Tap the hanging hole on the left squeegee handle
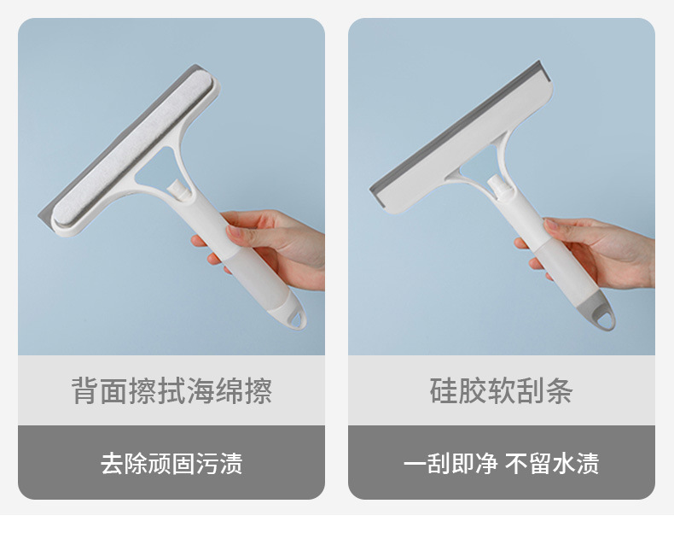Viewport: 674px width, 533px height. tap(296, 319)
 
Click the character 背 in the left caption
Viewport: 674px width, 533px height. tap(84, 390)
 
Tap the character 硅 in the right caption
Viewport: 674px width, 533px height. tap(444, 390)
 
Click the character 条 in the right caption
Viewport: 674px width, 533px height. tap(559, 390)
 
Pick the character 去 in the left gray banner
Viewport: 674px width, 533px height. tap(112, 463)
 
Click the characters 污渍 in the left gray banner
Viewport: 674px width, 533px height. tap(219, 463)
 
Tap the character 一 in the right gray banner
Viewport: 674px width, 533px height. tap(415, 463)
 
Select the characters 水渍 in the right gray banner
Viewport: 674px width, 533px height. tap(576, 463)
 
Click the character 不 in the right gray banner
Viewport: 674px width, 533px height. tap(516, 463)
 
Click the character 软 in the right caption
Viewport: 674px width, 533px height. tap(501, 390)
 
